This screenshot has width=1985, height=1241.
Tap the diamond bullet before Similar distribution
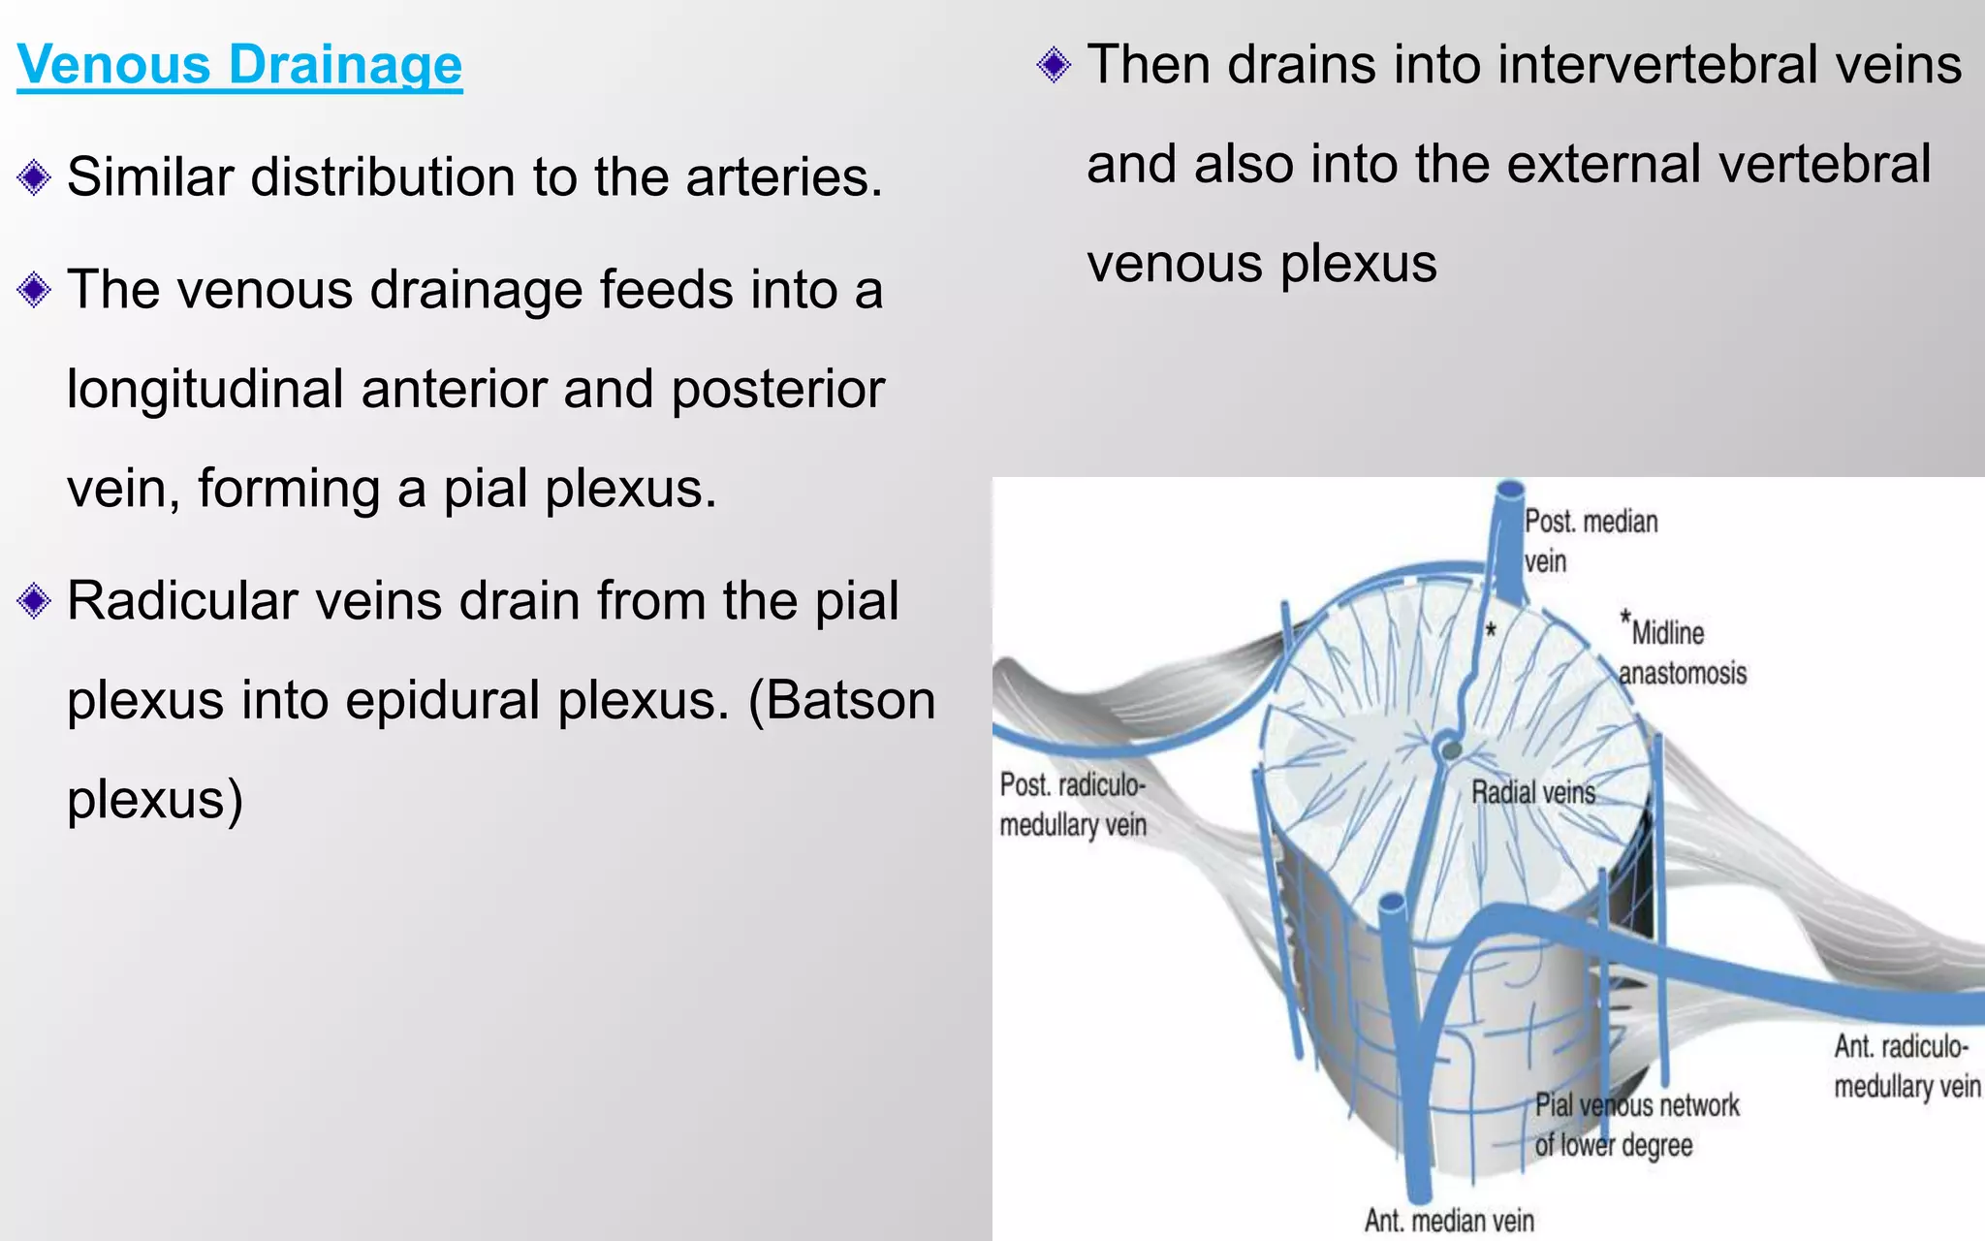[34, 177]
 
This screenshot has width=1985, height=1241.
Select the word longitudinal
[205, 390]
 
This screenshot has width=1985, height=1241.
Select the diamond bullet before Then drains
[1054, 65]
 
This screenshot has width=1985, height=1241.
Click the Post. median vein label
[1590, 541]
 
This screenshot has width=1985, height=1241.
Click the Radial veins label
[1532, 793]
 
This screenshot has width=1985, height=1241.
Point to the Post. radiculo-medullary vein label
[1072, 805]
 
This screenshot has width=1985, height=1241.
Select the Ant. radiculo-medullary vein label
[1906, 1066]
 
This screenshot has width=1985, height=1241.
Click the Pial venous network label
[1636, 1125]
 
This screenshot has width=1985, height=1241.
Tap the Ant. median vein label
[1449, 1220]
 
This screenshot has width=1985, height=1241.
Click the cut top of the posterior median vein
[1509, 491]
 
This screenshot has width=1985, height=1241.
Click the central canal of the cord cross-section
[1451, 749]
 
